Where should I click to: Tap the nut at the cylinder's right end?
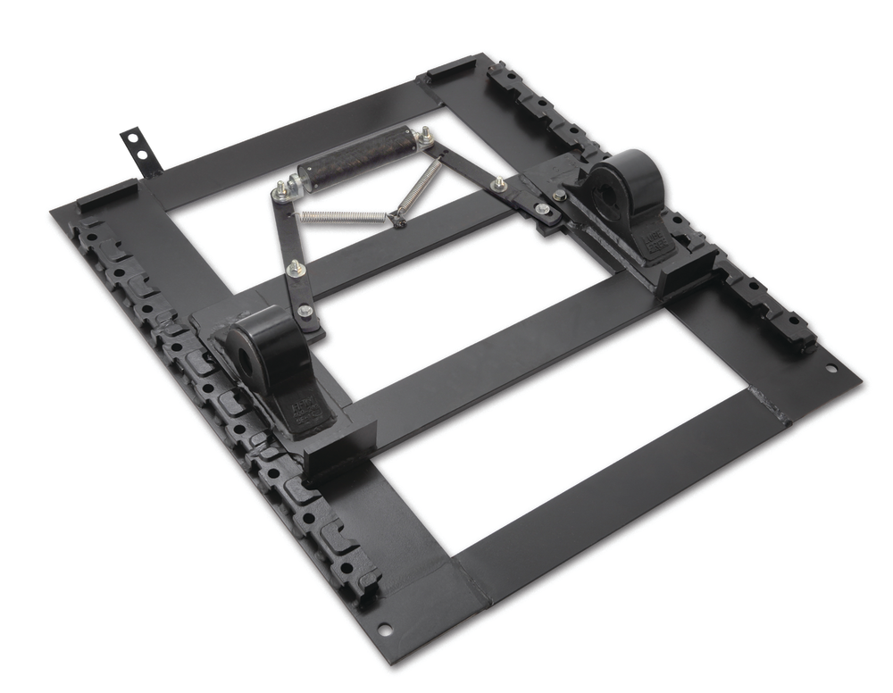pos(427,136)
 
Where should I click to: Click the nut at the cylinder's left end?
pos(282,188)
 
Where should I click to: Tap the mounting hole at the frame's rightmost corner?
pos(830,368)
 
